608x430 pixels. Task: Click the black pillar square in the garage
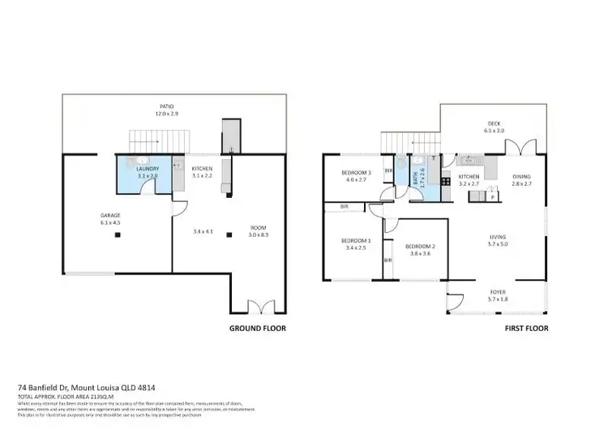coord(118,235)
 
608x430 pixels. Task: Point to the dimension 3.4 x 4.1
coord(204,231)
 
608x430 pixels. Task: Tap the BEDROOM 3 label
coord(356,176)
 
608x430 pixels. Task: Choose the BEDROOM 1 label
coord(356,243)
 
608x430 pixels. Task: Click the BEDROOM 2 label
coord(421,250)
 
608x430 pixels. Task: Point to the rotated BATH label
coord(422,178)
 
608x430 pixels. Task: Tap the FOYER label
coord(498,294)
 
